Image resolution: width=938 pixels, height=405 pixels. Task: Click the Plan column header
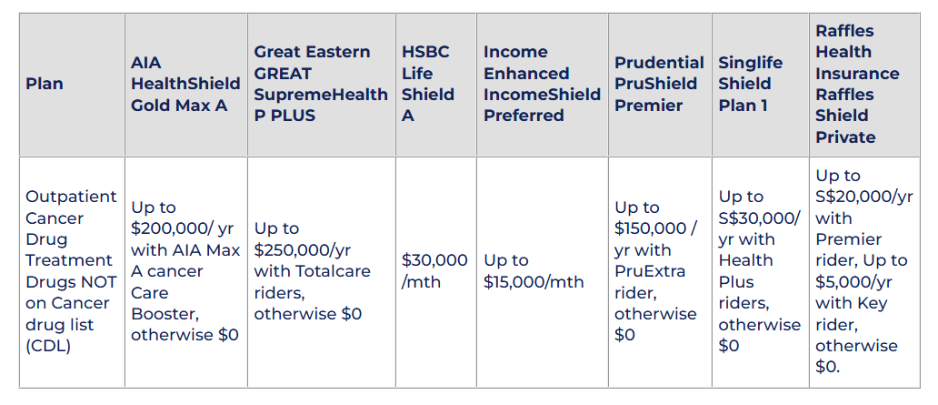pos(45,84)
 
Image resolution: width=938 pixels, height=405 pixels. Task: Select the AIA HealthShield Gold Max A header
pos(185,84)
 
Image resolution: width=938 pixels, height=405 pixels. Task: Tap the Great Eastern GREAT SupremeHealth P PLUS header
pos(321,84)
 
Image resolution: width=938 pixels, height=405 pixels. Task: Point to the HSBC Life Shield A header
pos(428,84)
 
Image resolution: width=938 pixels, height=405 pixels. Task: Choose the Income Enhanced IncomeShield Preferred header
pos(542,84)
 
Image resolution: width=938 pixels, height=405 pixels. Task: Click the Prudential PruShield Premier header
pos(659,84)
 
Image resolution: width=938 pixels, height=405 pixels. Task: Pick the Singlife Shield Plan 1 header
pos(750,84)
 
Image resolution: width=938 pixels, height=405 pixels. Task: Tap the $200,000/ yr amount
pos(183,228)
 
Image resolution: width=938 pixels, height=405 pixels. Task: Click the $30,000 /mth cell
pos(434,271)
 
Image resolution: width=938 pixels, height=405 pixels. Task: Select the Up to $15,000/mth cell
pos(534,271)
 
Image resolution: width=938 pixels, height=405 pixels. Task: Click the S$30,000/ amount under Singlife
pos(759,218)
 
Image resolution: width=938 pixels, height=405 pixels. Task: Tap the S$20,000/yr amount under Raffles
pos(863,197)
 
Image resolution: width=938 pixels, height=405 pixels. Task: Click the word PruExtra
pos(650,271)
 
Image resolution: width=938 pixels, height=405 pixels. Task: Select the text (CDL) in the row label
pos(48,346)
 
